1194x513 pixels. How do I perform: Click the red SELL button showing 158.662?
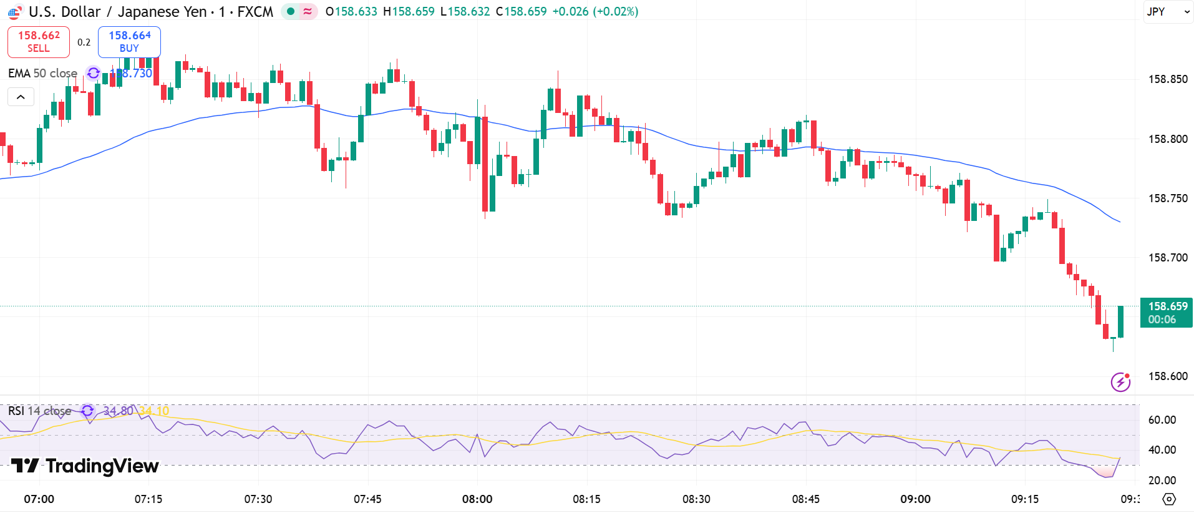(x=39, y=42)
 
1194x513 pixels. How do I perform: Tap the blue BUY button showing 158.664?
(x=129, y=42)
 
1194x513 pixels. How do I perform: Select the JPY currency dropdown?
(x=1167, y=12)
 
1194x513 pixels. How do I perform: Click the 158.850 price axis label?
(x=1168, y=79)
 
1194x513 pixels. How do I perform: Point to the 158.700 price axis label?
(x=1168, y=258)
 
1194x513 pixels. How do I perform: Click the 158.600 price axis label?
(x=1168, y=376)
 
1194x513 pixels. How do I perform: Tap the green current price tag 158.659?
(x=1167, y=312)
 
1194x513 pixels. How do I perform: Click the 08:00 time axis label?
(x=477, y=499)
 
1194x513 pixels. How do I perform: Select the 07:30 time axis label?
(x=258, y=499)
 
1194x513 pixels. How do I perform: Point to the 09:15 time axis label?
(x=1025, y=499)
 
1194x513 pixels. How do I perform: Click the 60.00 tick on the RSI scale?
(x=1162, y=420)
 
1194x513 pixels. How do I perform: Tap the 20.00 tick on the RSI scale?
(x=1162, y=481)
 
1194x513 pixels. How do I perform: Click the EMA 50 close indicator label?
(x=42, y=74)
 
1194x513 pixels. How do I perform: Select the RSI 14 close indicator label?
(x=39, y=411)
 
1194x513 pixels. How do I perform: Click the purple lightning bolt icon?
(x=1120, y=381)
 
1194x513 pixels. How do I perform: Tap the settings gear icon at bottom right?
(x=1169, y=499)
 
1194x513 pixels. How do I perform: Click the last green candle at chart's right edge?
(x=1121, y=321)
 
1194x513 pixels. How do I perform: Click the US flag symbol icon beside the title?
(x=14, y=12)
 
